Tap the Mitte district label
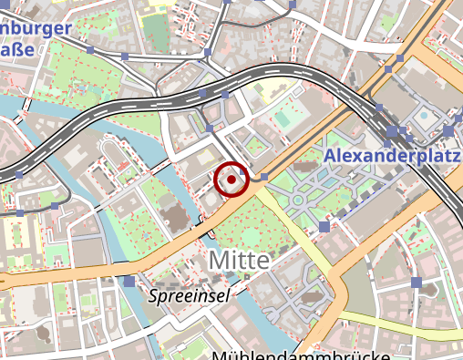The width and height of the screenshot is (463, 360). (x=240, y=260)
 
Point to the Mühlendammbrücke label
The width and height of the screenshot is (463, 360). (x=301, y=354)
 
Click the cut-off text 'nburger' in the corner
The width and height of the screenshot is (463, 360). (x=36, y=28)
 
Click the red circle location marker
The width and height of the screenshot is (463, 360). (x=231, y=180)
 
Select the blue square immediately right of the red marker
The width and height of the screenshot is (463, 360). (x=264, y=176)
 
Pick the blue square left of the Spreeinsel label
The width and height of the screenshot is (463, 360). (x=129, y=281)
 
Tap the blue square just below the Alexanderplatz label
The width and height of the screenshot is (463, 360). (x=324, y=226)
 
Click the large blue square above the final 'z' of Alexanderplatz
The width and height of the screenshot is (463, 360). (x=449, y=131)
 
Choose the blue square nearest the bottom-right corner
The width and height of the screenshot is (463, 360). (x=417, y=283)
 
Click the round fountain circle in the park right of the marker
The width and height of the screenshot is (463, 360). (x=298, y=200)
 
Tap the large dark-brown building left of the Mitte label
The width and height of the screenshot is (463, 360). (x=170, y=217)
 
